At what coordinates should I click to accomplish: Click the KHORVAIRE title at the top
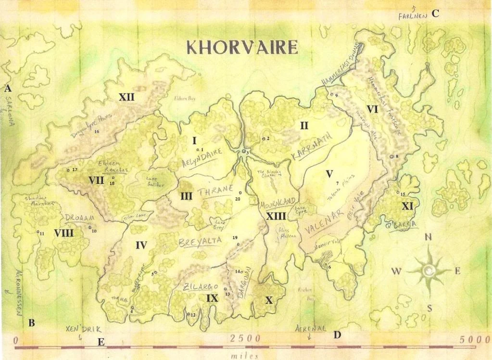pos(242,47)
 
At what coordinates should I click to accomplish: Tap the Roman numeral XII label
pos(126,97)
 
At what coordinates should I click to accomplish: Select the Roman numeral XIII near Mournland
pos(276,216)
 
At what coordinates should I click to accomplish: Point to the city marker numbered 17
pos(68,170)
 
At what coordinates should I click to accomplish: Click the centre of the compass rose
pos(428,271)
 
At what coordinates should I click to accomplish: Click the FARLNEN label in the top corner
pos(413,16)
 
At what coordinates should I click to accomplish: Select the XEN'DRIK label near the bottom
pos(83,329)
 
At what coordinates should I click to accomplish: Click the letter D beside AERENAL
pos(337,334)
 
